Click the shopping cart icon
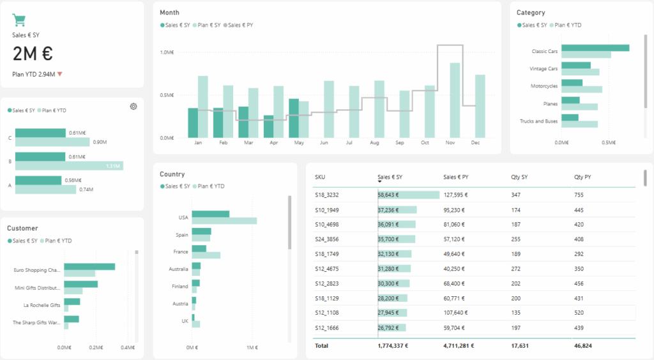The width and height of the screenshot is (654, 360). click(x=19, y=20)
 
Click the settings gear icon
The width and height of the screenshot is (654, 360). click(x=133, y=107)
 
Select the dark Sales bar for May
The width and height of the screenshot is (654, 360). click(x=294, y=118)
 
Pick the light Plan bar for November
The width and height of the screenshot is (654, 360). click(x=455, y=100)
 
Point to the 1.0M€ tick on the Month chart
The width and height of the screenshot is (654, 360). click(x=167, y=52)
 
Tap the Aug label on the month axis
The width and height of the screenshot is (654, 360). click(x=374, y=143)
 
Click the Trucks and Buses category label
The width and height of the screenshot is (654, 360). click(x=538, y=121)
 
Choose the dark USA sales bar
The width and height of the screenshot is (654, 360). click(x=210, y=214)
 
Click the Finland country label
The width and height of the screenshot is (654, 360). click(x=179, y=286)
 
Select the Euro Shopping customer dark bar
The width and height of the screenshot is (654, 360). click(x=89, y=267)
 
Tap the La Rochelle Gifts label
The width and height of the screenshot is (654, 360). click(x=42, y=305)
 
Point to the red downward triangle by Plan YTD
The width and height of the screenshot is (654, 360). click(x=60, y=74)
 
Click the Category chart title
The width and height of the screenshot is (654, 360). click(x=531, y=12)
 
